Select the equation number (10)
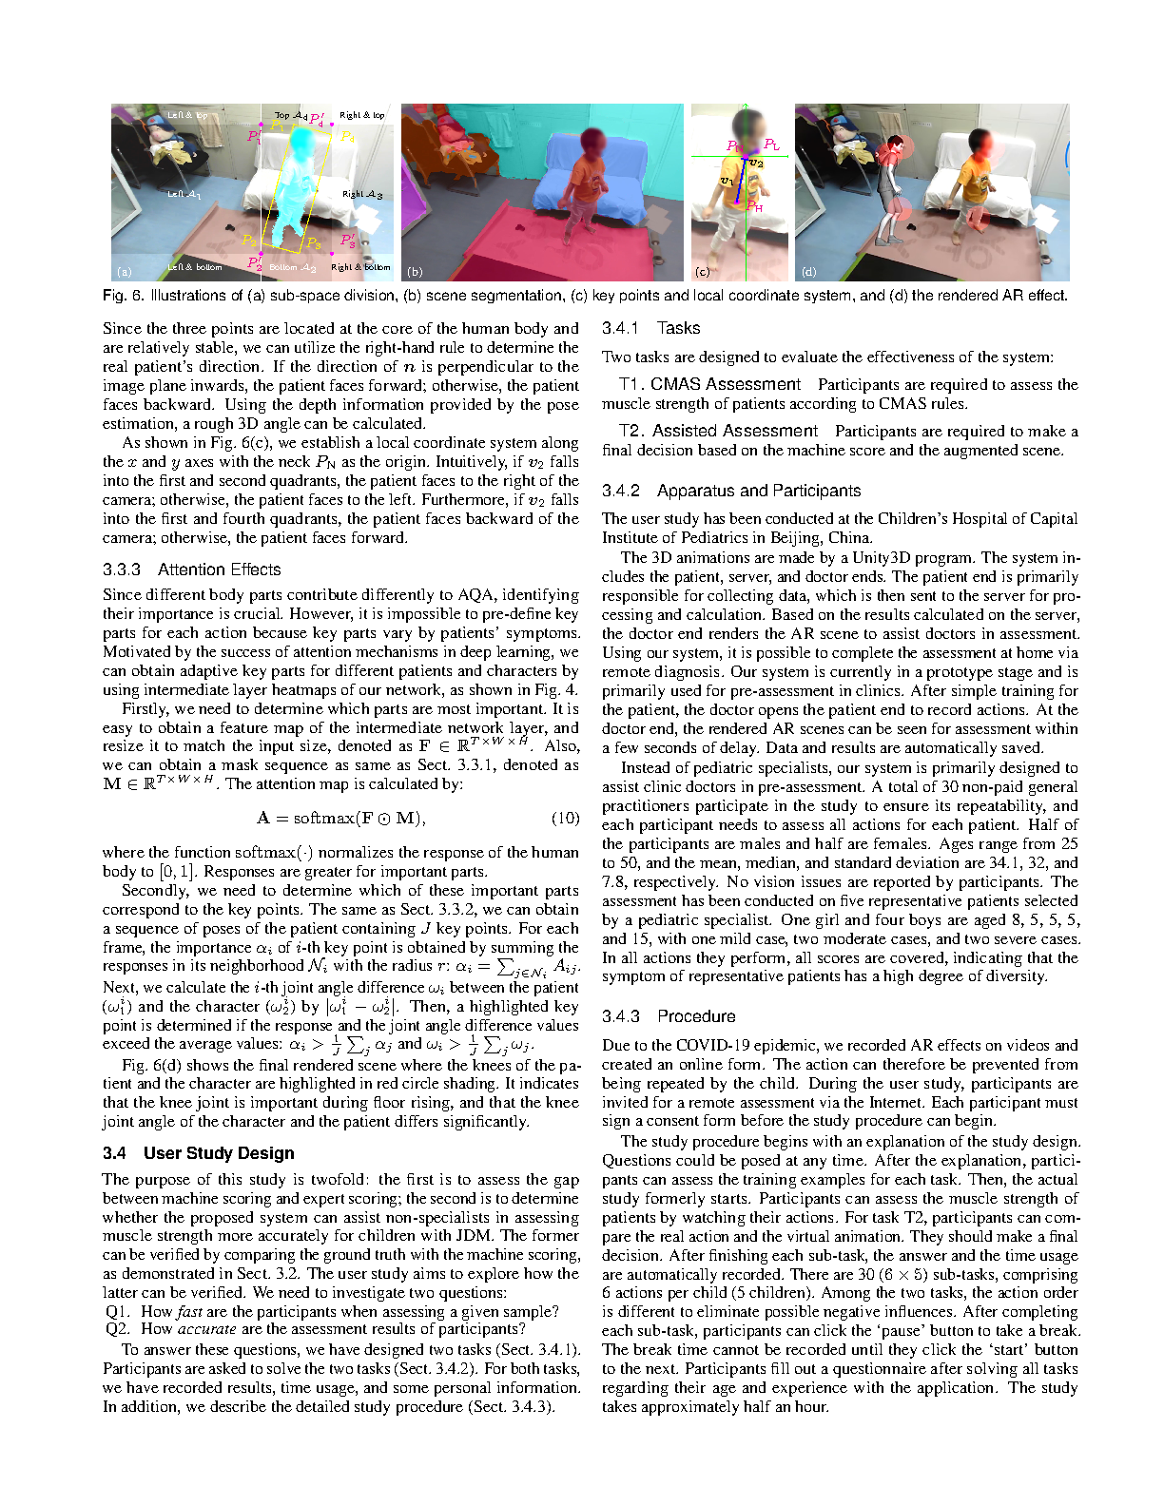coord(565,818)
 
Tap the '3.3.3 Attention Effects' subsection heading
coord(191,570)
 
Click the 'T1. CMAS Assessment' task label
coord(709,384)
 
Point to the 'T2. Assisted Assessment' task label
coord(718,431)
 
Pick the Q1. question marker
coord(118,1311)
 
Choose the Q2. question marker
coord(118,1329)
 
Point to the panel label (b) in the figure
coord(415,272)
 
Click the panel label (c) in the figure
coord(702,272)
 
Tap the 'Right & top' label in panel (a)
coord(361,116)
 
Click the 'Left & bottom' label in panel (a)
coord(195,267)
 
